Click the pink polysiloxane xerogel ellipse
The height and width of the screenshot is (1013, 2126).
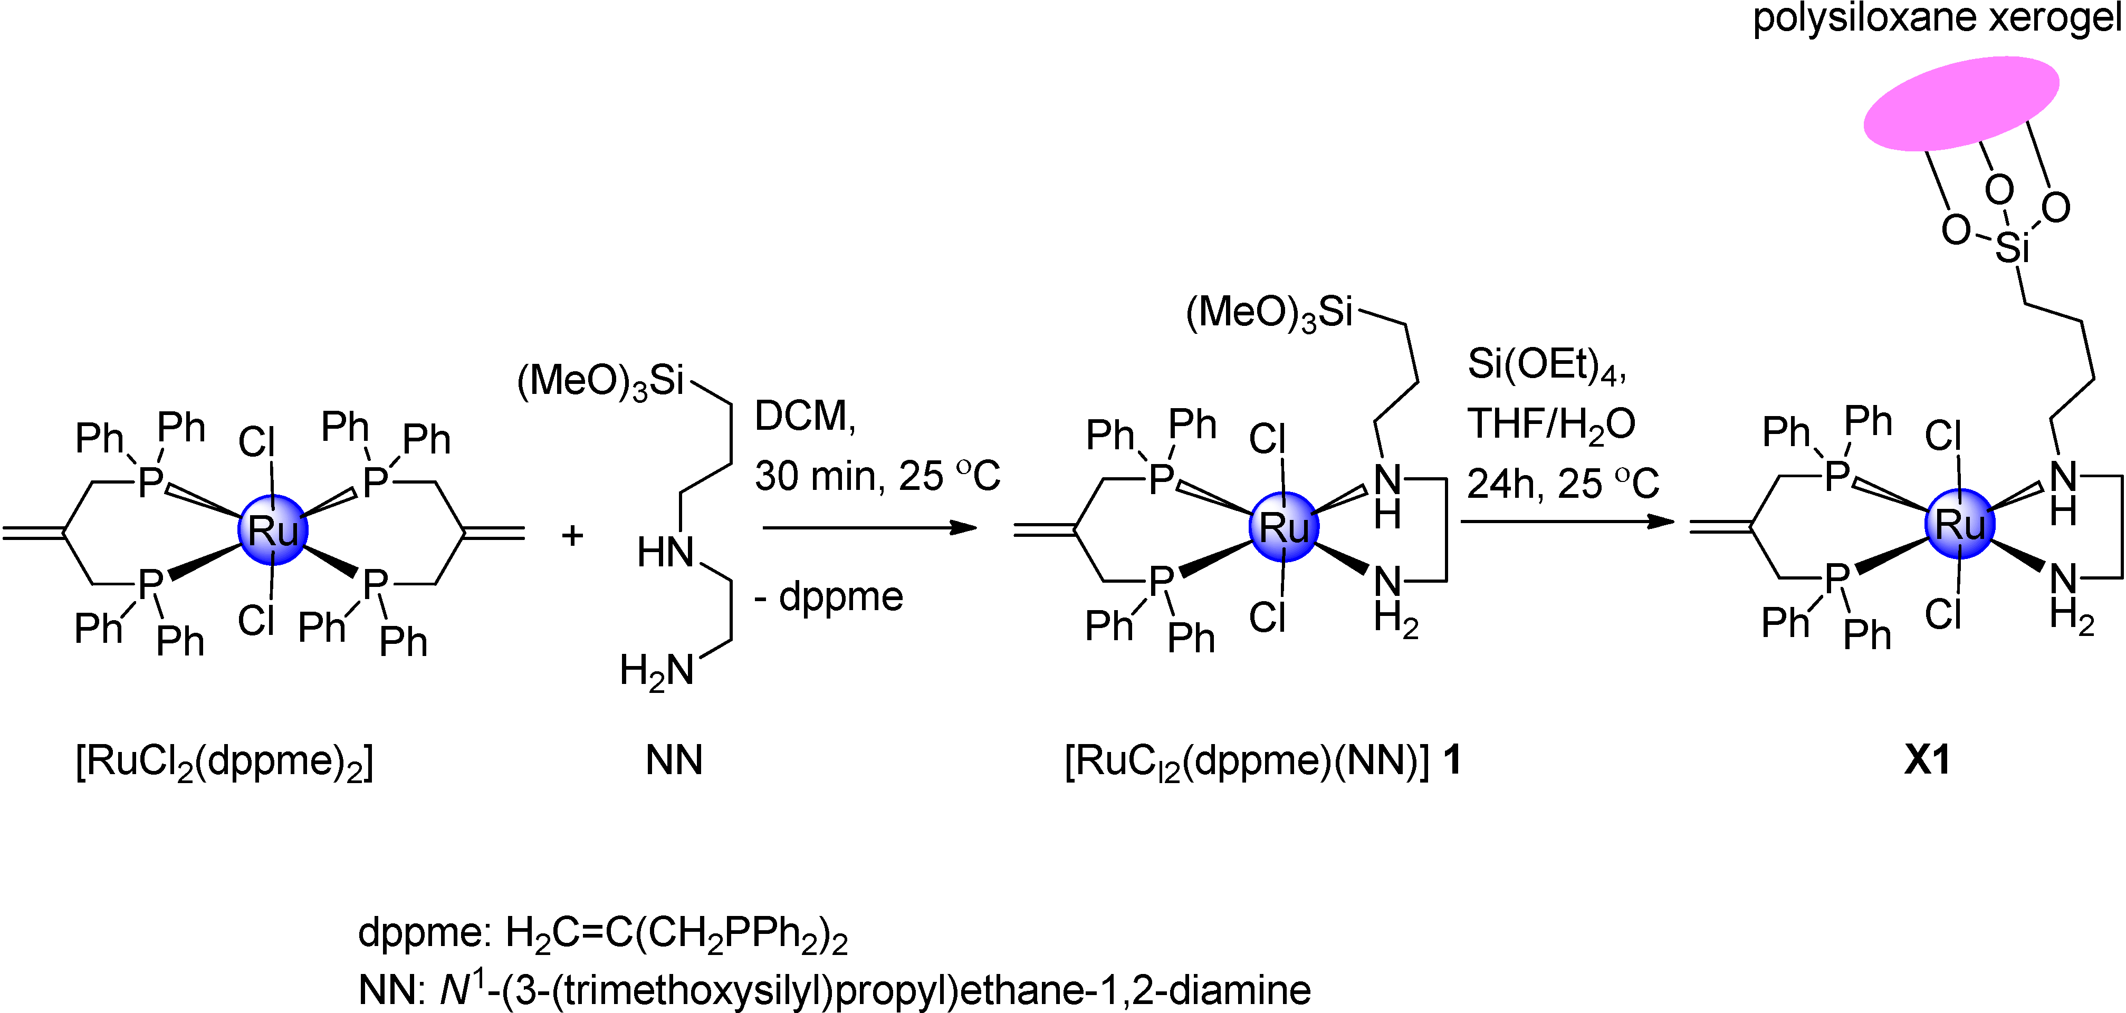tap(1961, 103)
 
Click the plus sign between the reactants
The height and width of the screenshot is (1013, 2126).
tap(572, 536)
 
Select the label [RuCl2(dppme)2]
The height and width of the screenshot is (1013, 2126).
tap(225, 760)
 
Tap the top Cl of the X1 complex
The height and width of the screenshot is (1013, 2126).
tap(1943, 436)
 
